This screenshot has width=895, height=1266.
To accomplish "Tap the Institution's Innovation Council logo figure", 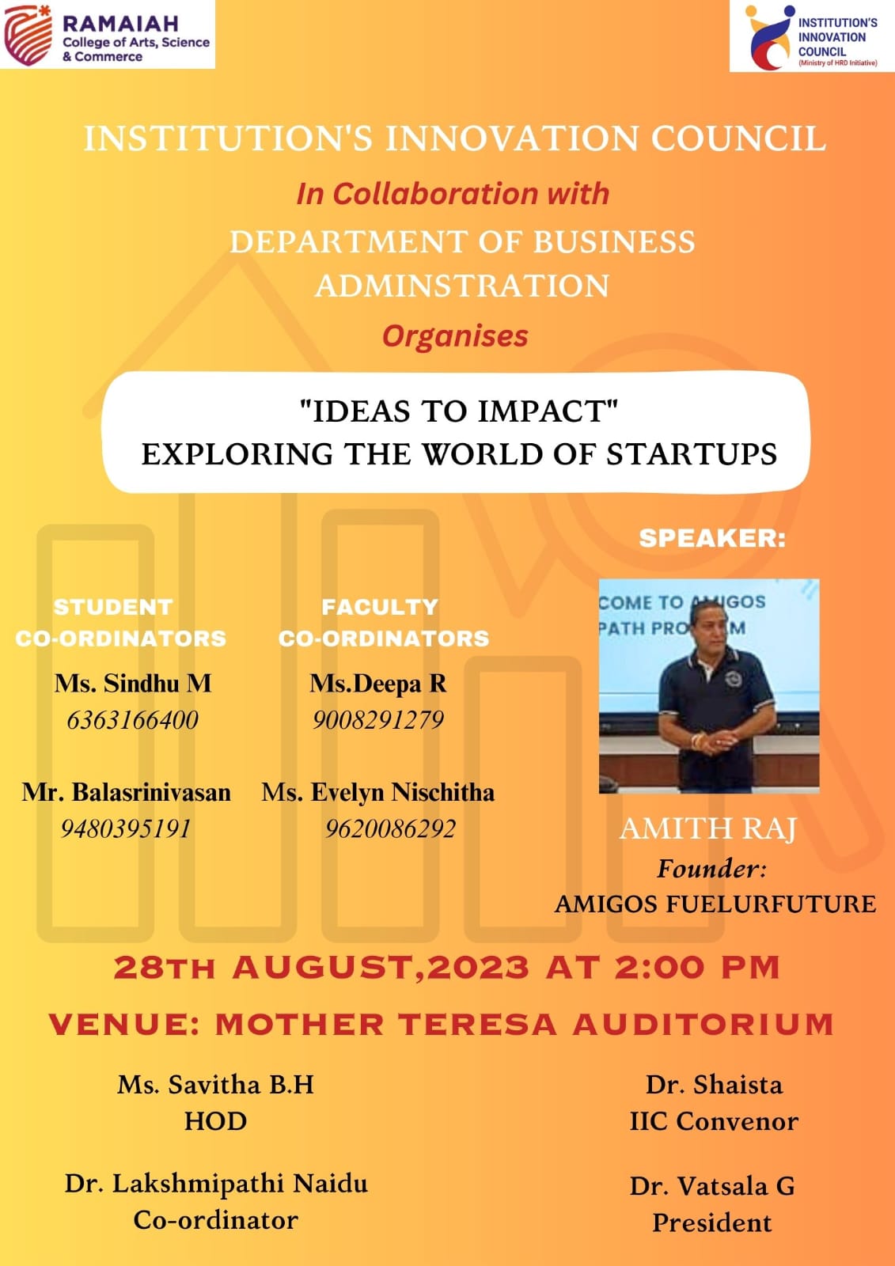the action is pos(768,36).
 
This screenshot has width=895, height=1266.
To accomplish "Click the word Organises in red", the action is pos(455,335).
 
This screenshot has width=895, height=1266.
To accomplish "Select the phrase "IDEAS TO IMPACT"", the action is pos(458,411).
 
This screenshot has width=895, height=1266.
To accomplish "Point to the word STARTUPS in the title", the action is pos(692,454).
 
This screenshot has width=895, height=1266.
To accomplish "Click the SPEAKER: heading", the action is pos(712,538).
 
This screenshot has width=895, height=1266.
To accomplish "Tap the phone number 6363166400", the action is pos(132,720).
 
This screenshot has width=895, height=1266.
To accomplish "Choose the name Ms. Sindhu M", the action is pos(133,684).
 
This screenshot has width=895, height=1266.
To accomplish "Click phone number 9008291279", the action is pos(377,720).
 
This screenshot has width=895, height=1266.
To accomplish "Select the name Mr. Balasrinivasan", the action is pos(126,792).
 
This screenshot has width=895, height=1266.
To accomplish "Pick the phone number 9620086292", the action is pos(390,829).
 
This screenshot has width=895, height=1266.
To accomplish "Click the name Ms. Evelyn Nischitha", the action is pos(377,792).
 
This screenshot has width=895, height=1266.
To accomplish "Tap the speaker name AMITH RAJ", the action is pos(708,828).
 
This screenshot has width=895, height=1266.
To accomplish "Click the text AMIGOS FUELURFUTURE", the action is pos(715,904).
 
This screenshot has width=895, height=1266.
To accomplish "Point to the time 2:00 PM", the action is pos(697,967).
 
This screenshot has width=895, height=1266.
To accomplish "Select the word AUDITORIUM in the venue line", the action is pos(703,1024).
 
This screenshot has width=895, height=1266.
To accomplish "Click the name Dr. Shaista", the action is pos(714,1085).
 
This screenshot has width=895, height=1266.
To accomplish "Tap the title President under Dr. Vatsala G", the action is pos(712,1223).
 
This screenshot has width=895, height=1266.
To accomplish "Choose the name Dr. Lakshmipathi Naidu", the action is pos(216,1185).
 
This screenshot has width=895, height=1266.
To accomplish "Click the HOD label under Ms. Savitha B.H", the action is pos(215,1121).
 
